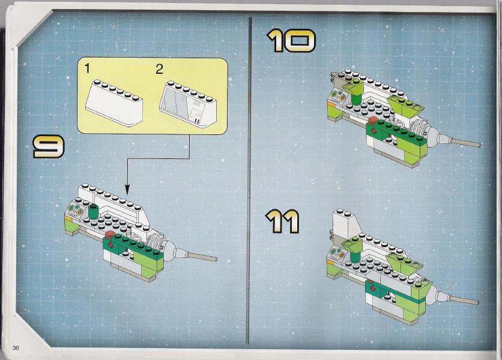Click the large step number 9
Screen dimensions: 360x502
click(49, 147)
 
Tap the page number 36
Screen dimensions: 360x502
click(16, 348)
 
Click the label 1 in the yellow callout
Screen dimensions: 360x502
click(88, 69)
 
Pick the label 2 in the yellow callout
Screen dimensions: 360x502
click(159, 69)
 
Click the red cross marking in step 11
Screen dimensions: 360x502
click(373, 283)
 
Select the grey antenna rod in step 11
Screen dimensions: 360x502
click(462, 298)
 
